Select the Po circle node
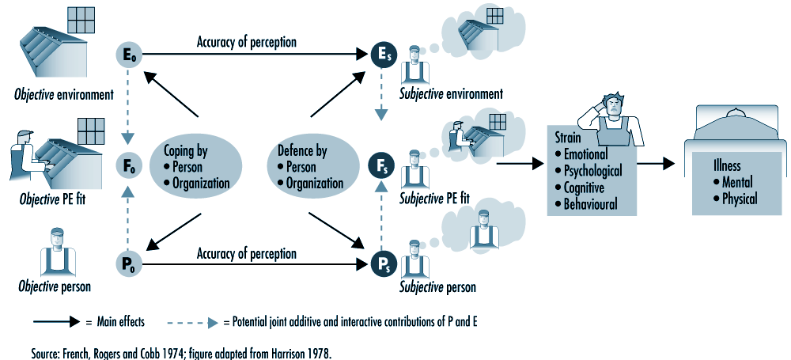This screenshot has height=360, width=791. pyautogui.click(x=127, y=263)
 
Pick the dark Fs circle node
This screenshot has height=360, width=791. pyautogui.click(x=381, y=167)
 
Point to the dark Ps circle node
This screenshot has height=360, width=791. pyautogui.click(x=381, y=263)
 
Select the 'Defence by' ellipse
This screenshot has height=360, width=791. pyautogui.click(x=309, y=166)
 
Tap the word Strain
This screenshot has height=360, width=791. pyautogui.click(x=569, y=137)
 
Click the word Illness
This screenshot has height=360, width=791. pyautogui.click(x=726, y=166)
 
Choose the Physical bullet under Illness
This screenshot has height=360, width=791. pyautogui.click(x=738, y=199)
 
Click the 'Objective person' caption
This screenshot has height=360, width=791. pyautogui.click(x=55, y=286)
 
